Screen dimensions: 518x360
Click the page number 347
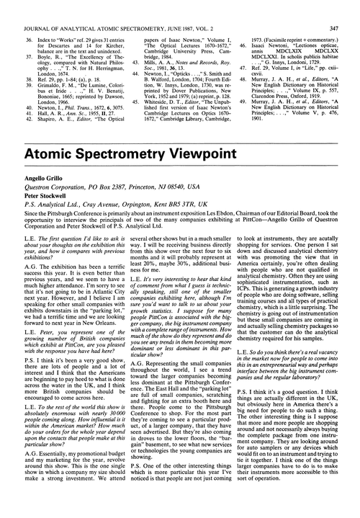coord(346,8)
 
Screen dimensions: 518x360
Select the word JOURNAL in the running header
coord(33,8)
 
